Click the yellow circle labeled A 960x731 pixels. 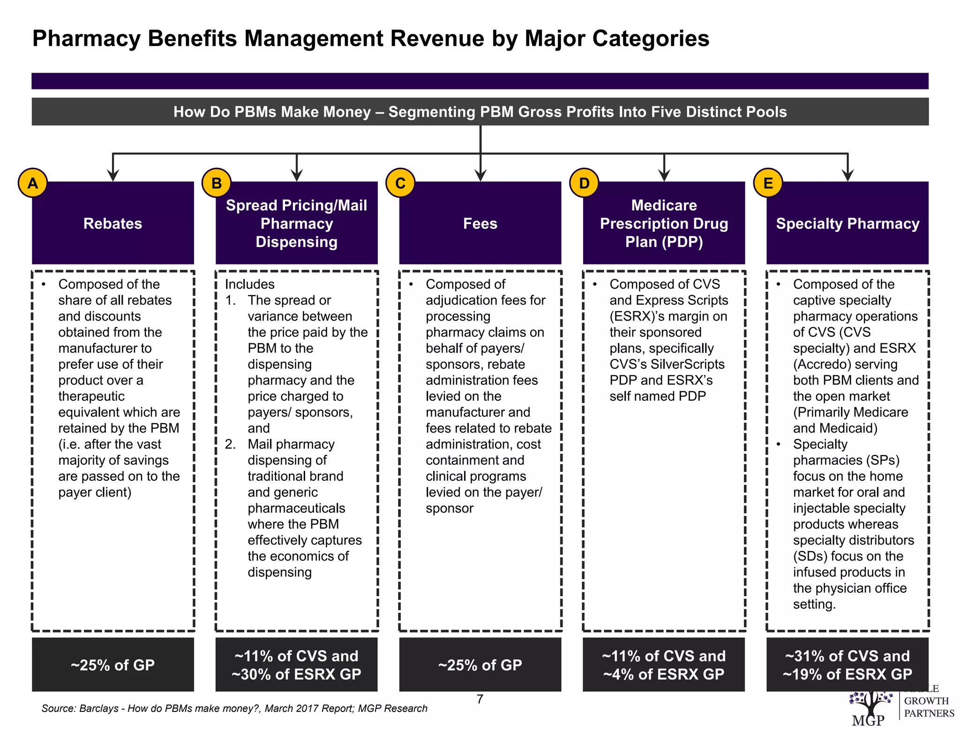32,183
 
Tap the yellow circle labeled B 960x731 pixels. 216,183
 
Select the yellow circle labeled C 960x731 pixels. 400,183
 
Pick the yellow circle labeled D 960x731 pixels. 584,183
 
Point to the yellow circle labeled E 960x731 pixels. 768,183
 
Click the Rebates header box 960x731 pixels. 112,224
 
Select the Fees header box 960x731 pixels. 480,224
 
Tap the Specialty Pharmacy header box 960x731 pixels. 847,224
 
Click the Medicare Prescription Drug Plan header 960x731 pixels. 664,224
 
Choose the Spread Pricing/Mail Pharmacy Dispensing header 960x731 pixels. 296,224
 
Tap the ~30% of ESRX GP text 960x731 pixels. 296,674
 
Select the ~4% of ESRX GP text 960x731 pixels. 664,674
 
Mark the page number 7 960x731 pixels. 480,699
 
